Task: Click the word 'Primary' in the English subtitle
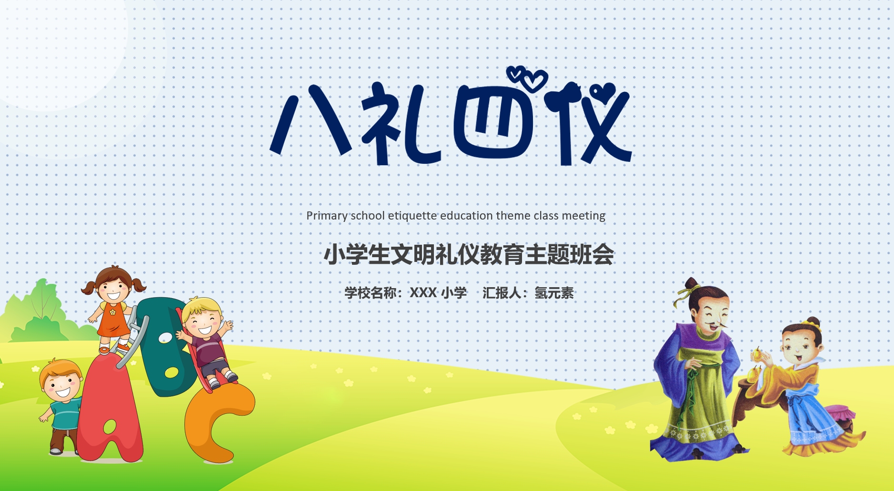(326, 216)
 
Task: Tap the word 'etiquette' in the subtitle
(412, 216)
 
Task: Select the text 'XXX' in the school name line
(423, 292)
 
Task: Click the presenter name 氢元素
(554, 292)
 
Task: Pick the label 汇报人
(502, 292)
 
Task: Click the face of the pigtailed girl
(113, 289)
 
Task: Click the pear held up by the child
(757, 355)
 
